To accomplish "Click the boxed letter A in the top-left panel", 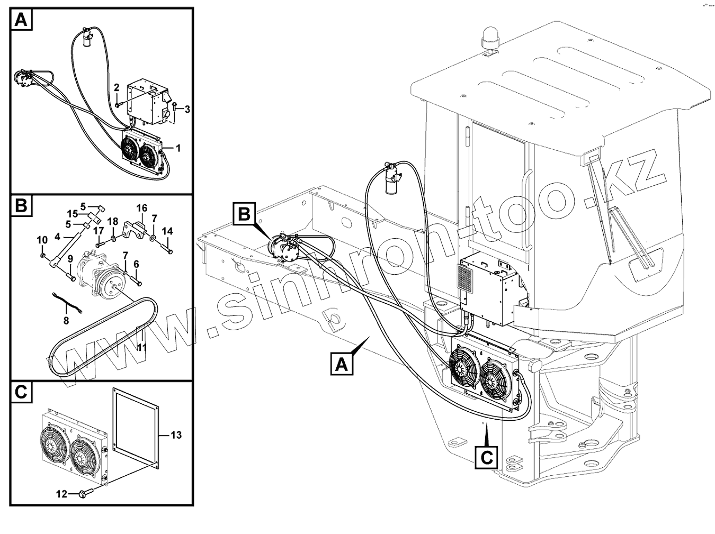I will (21, 20).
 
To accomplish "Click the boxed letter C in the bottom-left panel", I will (21, 392).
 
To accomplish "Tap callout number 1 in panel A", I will (178, 149).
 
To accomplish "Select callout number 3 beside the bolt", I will (186, 109).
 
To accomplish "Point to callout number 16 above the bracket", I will (142, 207).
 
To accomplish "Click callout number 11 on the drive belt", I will (141, 347).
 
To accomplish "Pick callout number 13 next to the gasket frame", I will (176, 435).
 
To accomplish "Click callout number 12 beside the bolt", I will (61, 494).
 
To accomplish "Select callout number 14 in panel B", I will (167, 231).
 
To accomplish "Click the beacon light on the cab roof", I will (488, 39).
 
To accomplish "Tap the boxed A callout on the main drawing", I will (342, 365).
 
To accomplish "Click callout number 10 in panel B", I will (42, 241).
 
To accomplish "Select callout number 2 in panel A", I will (117, 87).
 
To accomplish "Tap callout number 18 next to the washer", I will (113, 220).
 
